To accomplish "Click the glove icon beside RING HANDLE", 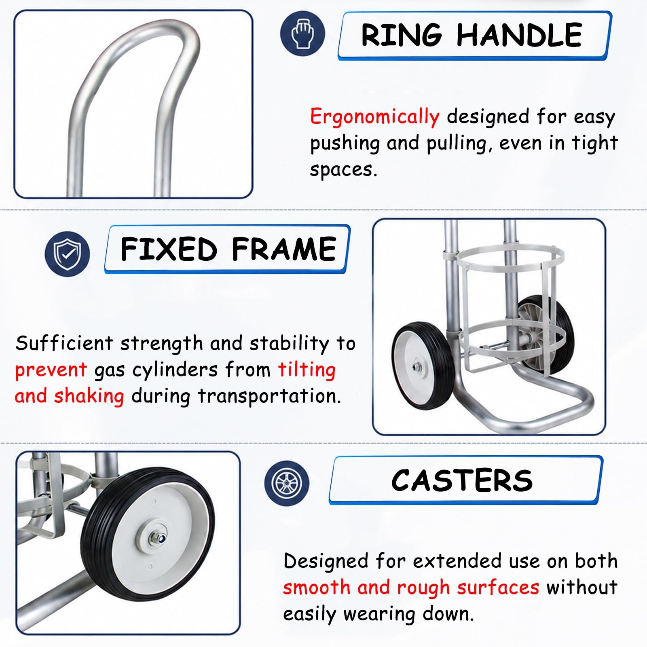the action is coord(302,34).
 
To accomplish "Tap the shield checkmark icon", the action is coord(68,254).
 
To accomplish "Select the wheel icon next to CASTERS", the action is coord(287,482).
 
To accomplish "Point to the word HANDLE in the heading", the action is coord(519,35).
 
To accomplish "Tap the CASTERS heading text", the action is coord(462,480).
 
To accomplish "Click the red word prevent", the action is coord(51,370).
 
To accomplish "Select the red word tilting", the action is coord(307,370).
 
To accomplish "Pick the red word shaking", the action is coord(89,396).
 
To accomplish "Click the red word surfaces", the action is coord(498,588).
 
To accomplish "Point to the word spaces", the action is coord(343,169).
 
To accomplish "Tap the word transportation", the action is coord(269,396).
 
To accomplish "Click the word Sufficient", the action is coord(64,343).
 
